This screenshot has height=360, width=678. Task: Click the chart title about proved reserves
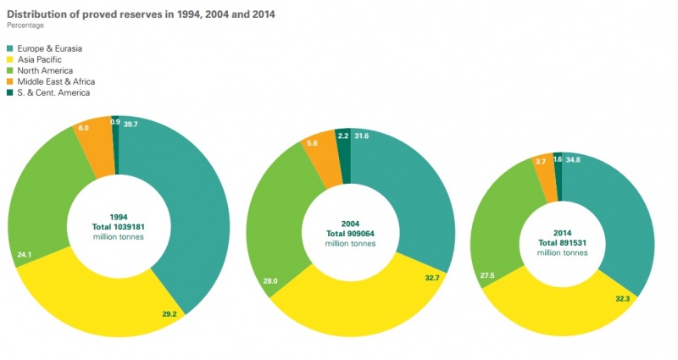(x=141, y=14)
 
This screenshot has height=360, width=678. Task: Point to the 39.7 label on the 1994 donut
(x=130, y=124)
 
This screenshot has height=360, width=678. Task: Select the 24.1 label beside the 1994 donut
(x=25, y=252)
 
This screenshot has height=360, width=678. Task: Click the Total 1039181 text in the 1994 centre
(x=118, y=226)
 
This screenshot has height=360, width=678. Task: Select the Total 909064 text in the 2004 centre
(x=350, y=232)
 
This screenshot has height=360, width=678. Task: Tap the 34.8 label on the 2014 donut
(x=574, y=158)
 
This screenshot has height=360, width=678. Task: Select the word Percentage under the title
(x=25, y=25)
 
